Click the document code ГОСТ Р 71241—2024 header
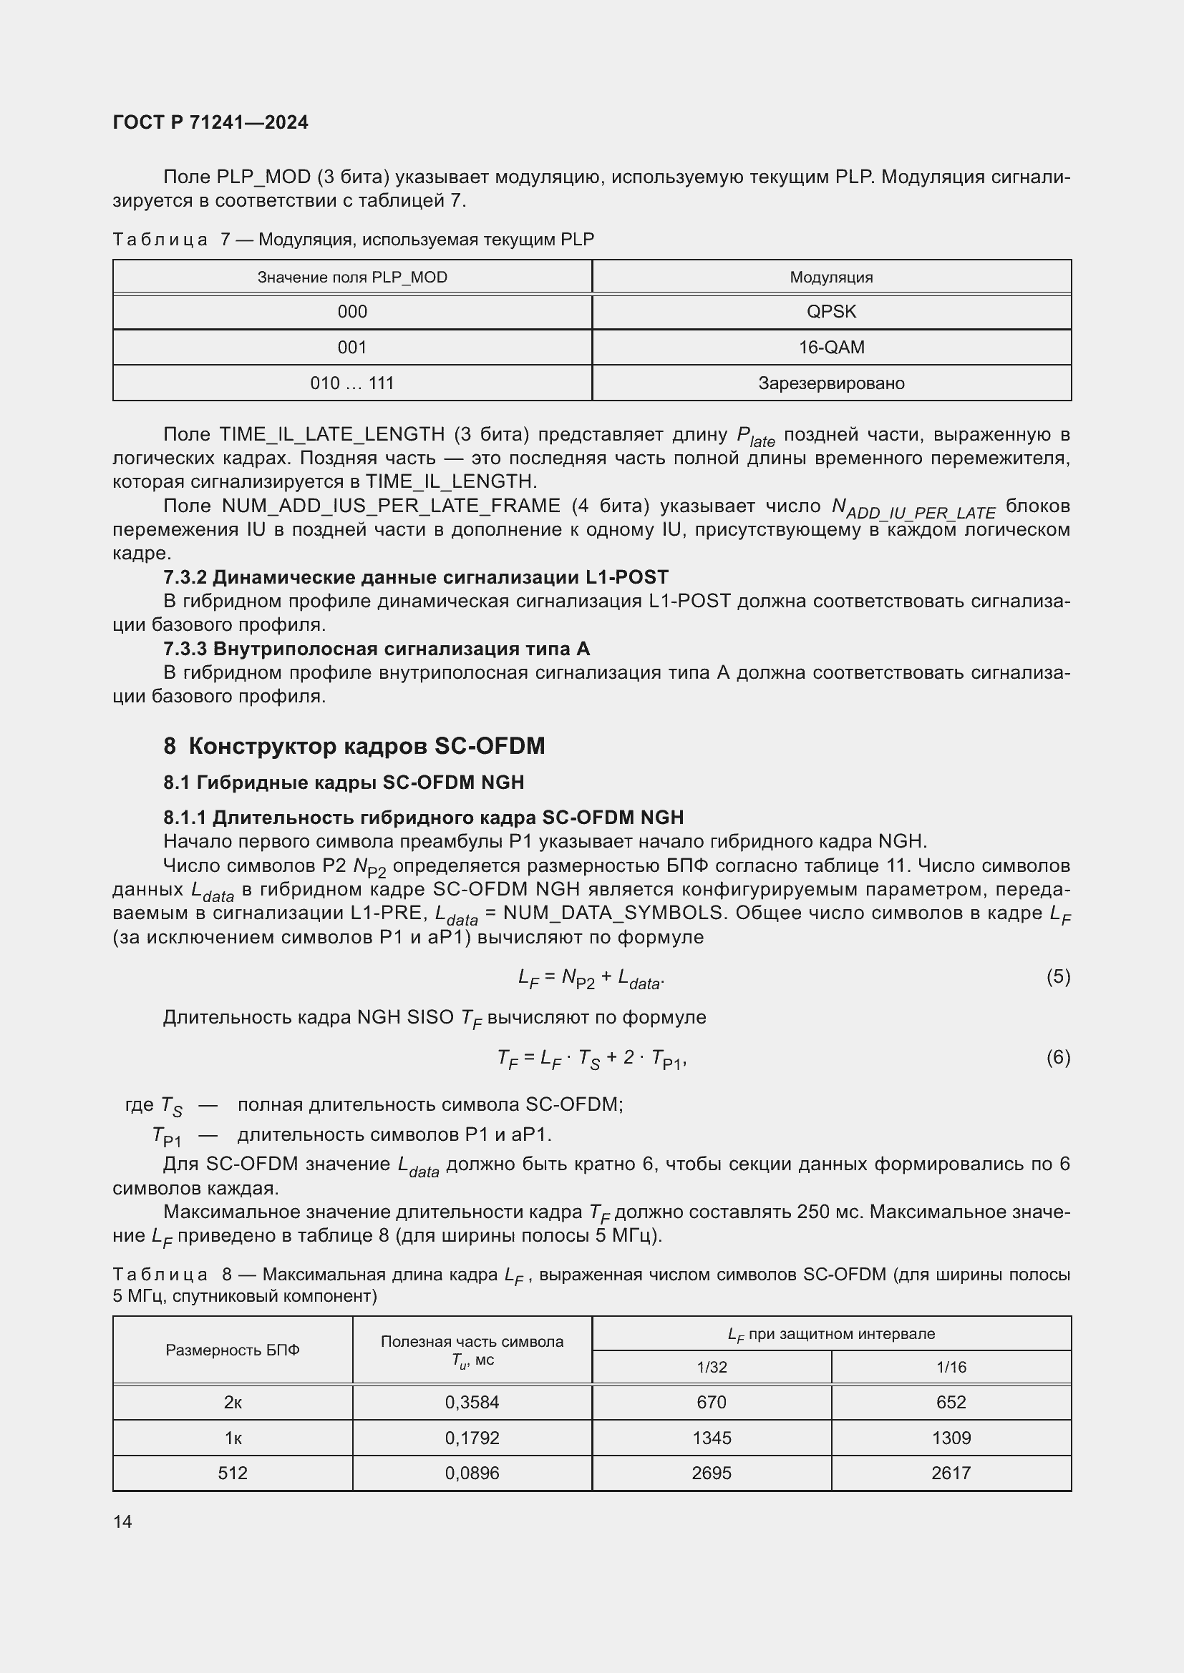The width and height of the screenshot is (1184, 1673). point(210,122)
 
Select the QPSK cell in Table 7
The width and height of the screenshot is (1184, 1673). point(831,312)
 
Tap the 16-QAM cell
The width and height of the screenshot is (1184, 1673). point(831,348)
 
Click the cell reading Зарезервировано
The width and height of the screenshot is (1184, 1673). point(831,383)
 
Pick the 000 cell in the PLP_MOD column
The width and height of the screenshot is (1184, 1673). point(352,312)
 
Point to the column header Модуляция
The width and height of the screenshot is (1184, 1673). point(831,278)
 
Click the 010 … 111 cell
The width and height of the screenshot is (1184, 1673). point(352,383)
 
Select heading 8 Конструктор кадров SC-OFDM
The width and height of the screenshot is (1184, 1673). point(354,746)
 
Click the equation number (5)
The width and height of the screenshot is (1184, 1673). point(1058,976)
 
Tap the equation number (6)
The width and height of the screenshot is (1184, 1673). point(1058,1056)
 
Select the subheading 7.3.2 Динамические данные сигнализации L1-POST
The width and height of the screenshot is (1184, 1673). point(416,577)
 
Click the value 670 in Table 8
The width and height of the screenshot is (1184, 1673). point(712,1402)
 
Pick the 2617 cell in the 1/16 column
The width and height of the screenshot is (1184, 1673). point(951,1473)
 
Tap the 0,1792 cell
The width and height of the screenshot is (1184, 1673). point(472,1438)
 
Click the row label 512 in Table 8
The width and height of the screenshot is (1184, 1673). point(233,1473)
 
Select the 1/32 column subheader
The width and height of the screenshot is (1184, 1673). point(712,1367)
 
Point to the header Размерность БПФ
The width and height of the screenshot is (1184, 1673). point(233,1350)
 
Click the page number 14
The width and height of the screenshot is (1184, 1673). point(122,1521)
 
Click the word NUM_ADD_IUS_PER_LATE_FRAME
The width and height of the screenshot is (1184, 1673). point(391,506)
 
